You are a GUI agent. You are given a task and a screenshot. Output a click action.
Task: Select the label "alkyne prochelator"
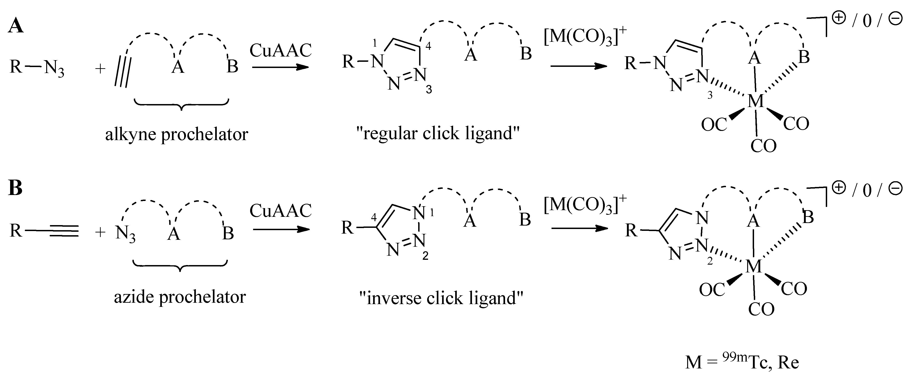point(176,134)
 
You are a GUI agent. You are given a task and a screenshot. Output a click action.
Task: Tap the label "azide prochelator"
point(180,297)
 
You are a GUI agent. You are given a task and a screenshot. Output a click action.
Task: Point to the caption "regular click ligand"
point(437,133)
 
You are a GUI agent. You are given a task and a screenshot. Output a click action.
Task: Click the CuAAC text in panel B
point(280,211)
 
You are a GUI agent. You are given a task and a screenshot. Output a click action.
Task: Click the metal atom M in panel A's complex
point(755,102)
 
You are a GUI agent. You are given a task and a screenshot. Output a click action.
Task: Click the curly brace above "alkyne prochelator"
point(181,105)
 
